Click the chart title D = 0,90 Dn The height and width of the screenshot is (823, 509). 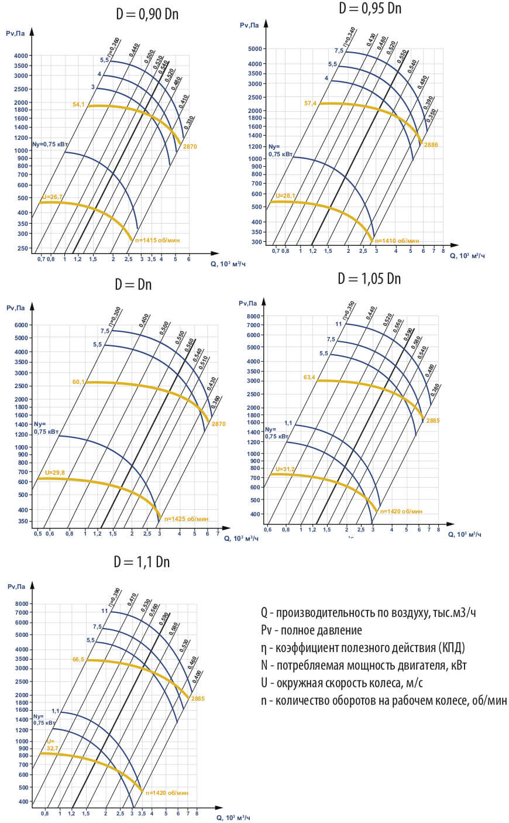pos(147,14)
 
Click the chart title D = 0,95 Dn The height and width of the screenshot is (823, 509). pos(370,8)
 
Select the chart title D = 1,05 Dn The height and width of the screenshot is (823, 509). pos(369,278)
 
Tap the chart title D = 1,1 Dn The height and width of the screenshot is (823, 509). pos(142,561)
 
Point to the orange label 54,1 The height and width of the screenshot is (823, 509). pos(78,105)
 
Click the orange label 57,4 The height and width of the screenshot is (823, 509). pos(310,104)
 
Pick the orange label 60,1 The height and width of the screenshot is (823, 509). pos(78,382)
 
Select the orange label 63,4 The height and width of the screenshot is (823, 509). pos(309,378)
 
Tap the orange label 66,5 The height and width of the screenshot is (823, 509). pos(78,659)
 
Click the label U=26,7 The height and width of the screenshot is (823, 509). pos(52,197)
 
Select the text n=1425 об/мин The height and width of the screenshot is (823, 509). pos(186,519)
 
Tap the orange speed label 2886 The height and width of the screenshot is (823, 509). pos(431,145)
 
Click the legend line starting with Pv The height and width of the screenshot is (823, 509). pos(311,630)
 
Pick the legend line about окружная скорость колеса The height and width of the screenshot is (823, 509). pos(342,683)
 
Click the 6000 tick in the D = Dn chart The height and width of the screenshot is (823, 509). pos(21,325)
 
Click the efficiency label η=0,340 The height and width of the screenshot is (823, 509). pos(349,37)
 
